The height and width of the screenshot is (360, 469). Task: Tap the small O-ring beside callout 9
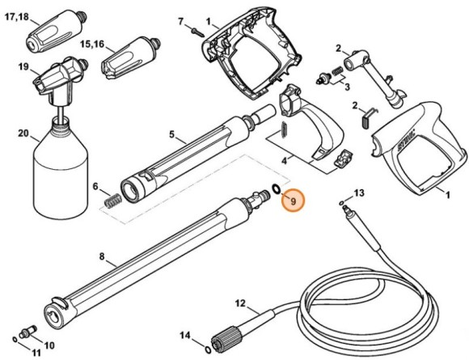point(277,190)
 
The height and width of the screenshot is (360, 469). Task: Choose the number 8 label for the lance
point(102,258)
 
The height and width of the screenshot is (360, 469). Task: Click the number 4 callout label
point(283,161)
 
